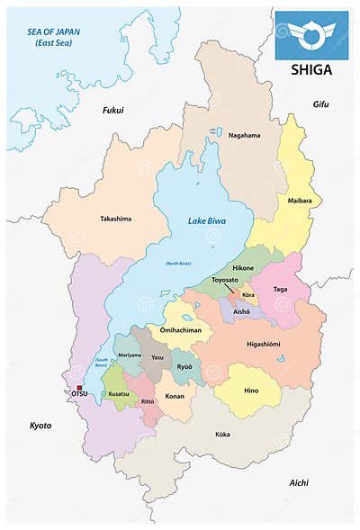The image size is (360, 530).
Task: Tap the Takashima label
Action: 117,218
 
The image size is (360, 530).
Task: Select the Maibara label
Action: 300,200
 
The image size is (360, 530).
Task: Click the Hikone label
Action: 243,268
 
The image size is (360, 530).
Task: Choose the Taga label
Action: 280,290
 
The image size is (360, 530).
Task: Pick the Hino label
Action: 251,390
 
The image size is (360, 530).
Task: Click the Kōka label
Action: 222,435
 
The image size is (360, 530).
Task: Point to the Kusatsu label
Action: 119,394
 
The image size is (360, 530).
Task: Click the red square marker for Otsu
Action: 79,388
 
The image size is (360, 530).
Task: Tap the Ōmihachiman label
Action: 180,330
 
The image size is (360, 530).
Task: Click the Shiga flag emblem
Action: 311,35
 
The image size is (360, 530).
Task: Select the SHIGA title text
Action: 311,69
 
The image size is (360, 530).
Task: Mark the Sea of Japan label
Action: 54,36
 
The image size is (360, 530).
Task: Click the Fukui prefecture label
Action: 113,110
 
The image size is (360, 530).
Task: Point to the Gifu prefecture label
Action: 320,104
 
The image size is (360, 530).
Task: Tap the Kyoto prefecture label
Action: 40,424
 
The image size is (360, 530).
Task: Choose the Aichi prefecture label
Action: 301,483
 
